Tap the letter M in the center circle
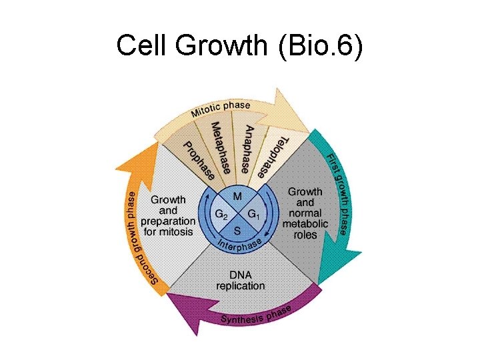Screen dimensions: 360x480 pyautogui.click(x=237, y=197)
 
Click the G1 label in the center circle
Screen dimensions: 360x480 pyautogui.click(x=254, y=215)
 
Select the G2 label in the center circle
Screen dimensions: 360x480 pyautogui.click(x=221, y=215)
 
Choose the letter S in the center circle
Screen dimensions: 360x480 pyautogui.click(x=237, y=231)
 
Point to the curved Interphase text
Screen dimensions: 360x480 pyautogui.click(x=239, y=247)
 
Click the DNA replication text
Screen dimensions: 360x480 pyautogui.click(x=240, y=280)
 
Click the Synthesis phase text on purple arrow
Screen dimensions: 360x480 pyautogui.click(x=256, y=315)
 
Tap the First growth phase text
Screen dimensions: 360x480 pyautogui.click(x=337, y=193)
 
